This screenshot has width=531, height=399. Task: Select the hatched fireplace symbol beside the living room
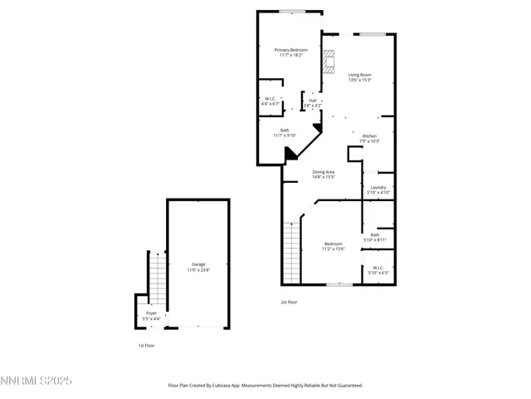click(329, 62)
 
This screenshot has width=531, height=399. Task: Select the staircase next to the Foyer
click(157, 278)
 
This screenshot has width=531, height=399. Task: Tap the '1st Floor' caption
click(146, 345)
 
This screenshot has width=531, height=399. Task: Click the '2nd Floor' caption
click(289, 303)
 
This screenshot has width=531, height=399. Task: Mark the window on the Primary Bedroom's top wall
click(290, 11)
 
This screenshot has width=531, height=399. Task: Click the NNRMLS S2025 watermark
click(37, 381)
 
